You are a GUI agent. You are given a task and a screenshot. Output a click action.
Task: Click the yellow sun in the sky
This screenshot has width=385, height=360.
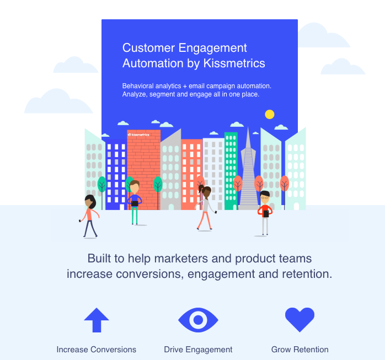(269, 115)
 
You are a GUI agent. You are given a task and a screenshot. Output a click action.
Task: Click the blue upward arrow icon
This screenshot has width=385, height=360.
(97, 320)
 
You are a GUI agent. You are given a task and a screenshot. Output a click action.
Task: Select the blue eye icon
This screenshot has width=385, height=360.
(198, 320)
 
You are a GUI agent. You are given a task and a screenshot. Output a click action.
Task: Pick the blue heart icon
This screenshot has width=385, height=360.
(300, 319)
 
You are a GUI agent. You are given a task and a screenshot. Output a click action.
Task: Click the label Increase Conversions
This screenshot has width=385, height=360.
(96, 350)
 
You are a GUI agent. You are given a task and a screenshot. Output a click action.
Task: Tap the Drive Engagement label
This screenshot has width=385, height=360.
(198, 350)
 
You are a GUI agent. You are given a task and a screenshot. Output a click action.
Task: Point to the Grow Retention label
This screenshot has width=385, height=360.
(300, 350)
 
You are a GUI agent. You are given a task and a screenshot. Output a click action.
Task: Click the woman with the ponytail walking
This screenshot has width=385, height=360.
(205, 207)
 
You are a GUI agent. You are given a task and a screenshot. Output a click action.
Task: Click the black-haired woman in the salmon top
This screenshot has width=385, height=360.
(89, 215)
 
